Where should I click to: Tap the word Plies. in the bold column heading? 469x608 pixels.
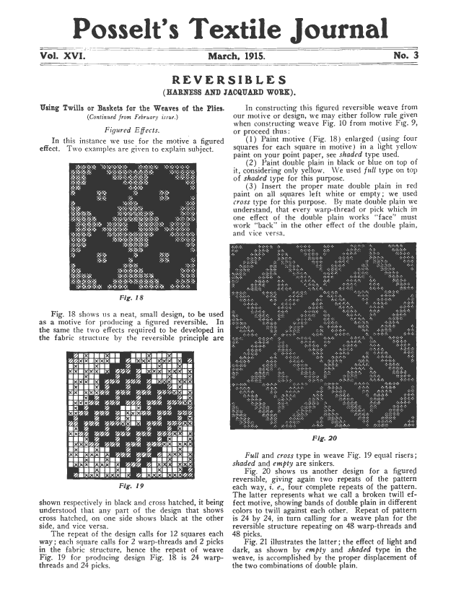(x=206, y=107)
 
